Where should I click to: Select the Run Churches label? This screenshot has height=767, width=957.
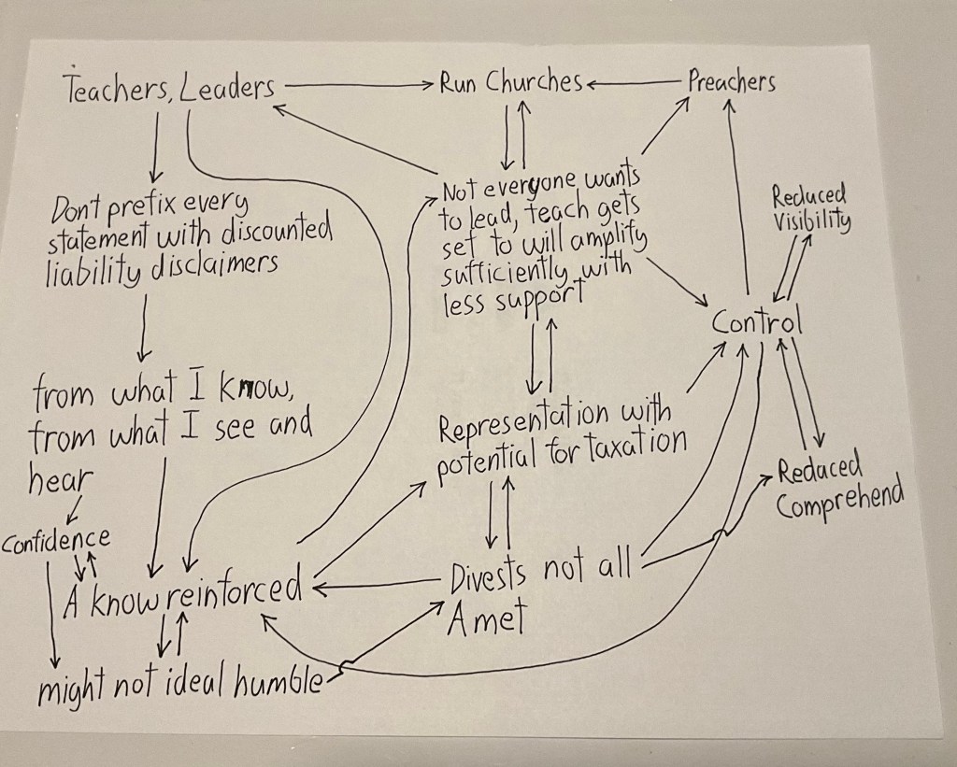(x=510, y=82)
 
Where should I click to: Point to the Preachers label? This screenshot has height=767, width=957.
(x=732, y=81)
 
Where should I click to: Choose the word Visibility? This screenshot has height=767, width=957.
(x=812, y=224)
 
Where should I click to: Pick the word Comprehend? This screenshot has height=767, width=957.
(x=840, y=499)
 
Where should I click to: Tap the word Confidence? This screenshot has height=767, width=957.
(x=57, y=540)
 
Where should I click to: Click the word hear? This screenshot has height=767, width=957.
(x=62, y=478)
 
